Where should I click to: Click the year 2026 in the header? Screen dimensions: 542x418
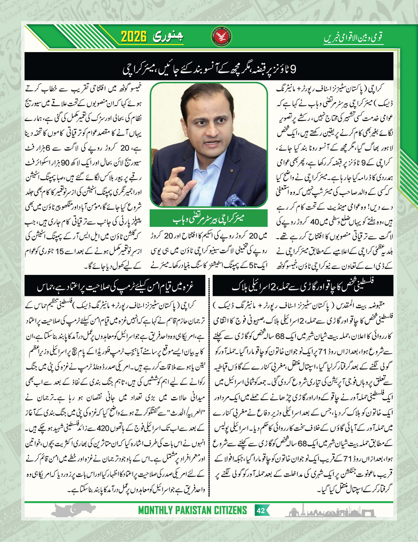click(x=137, y=36)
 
